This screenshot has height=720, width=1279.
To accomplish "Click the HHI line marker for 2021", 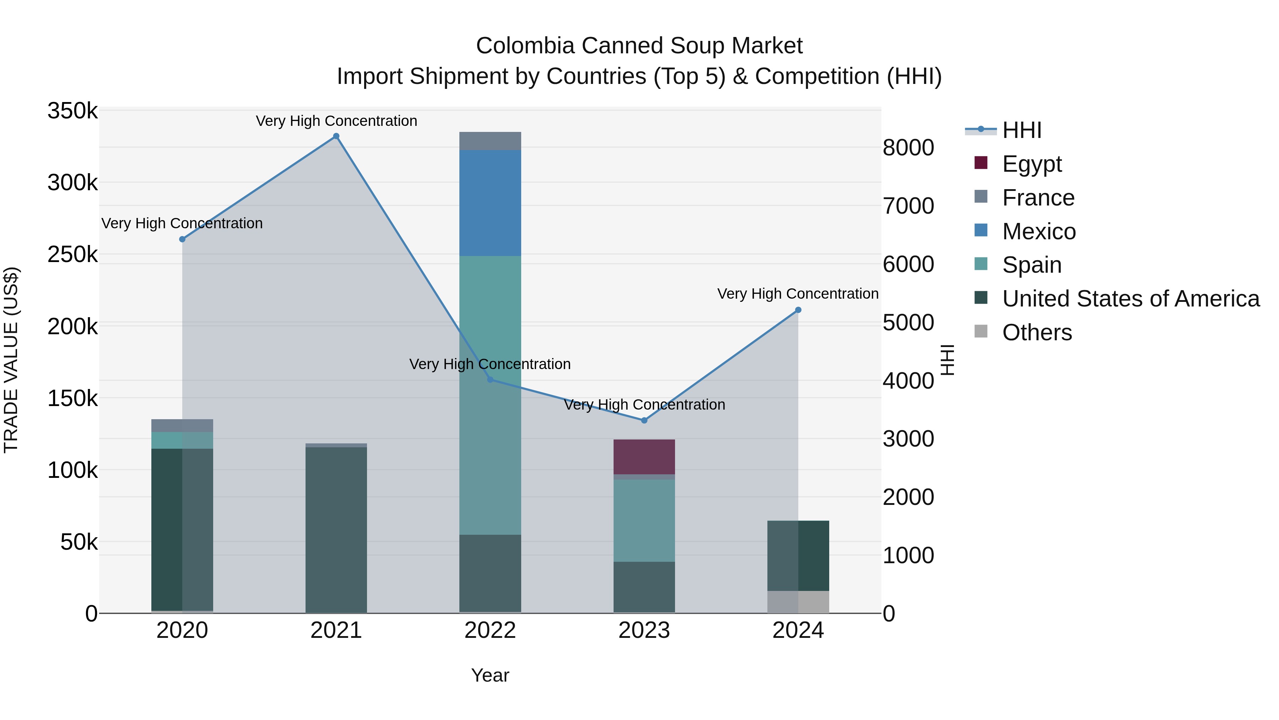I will click(336, 136).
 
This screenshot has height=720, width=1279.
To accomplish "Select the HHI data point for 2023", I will click(644, 420).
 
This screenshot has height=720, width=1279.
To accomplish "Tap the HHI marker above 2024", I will click(798, 310).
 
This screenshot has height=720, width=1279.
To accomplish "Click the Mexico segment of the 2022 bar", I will click(490, 203).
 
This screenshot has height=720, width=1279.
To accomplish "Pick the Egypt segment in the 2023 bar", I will click(644, 457).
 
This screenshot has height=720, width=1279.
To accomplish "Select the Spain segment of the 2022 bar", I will click(490, 395).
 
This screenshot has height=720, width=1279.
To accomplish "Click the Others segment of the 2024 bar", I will click(798, 602).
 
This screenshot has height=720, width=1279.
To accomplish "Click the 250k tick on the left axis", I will click(72, 255).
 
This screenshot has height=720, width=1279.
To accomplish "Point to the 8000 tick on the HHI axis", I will click(908, 148).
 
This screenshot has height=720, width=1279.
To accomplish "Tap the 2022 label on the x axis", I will click(490, 630).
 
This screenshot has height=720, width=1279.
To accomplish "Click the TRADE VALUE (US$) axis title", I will click(11, 360).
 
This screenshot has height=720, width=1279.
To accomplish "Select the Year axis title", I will click(490, 675).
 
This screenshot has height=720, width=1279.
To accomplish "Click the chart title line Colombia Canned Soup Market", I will click(639, 46).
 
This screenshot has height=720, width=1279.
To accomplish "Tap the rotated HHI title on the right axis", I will click(947, 360).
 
